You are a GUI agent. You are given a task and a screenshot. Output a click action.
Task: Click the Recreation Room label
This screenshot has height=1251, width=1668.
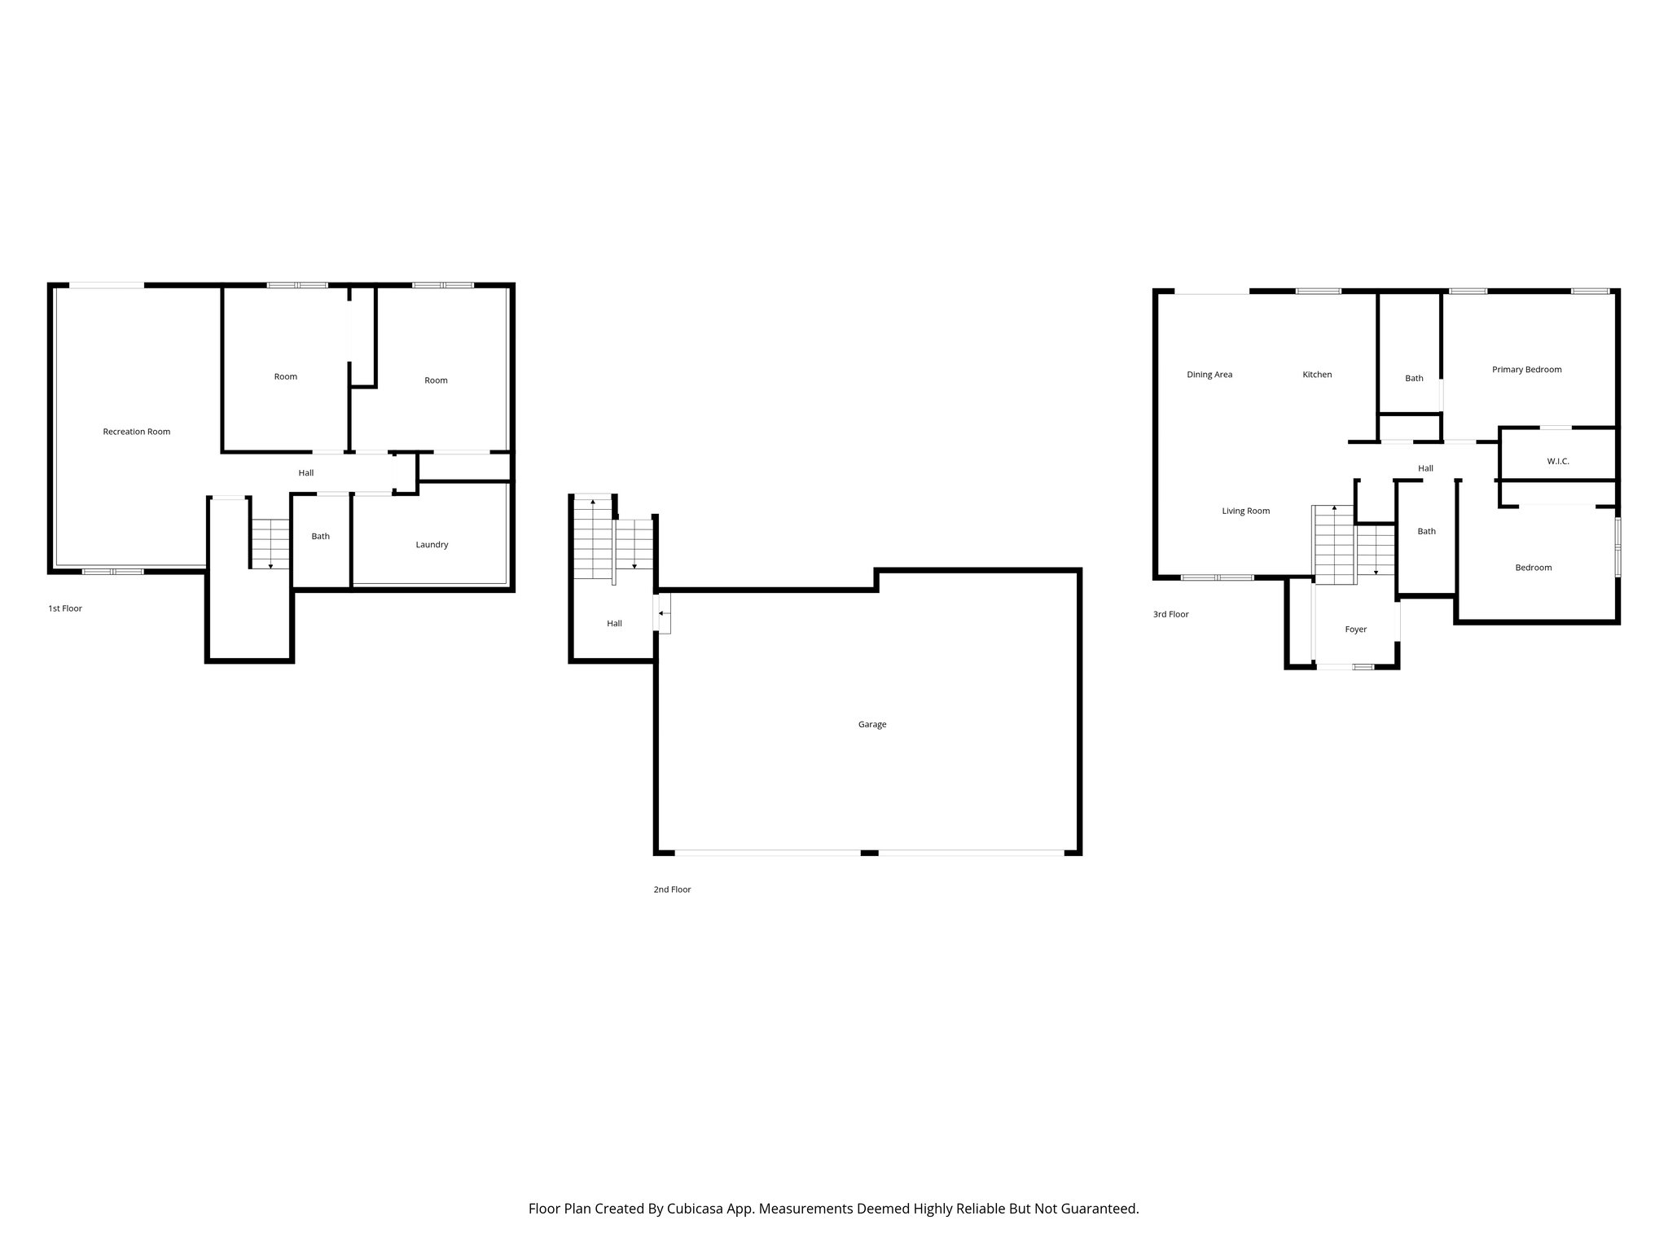(x=136, y=432)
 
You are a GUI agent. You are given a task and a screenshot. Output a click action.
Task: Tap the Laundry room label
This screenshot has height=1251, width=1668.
(x=432, y=545)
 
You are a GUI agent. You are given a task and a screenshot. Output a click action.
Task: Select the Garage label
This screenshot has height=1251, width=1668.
(x=871, y=724)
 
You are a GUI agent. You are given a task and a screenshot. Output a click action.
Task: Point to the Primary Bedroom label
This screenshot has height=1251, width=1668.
(x=1526, y=370)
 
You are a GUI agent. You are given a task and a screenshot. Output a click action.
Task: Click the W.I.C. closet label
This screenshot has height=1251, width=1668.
(x=1557, y=462)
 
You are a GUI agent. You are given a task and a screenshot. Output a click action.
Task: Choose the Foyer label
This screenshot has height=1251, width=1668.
(x=1355, y=630)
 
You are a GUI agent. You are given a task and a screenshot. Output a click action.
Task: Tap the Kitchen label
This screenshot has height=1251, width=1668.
(x=1317, y=375)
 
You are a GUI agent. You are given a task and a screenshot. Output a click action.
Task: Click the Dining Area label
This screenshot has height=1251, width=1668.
(x=1209, y=375)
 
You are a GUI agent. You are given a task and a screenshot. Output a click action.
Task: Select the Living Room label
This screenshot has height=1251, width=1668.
(x=1245, y=511)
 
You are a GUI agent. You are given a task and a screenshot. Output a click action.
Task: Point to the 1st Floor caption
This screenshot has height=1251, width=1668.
(x=65, y=608)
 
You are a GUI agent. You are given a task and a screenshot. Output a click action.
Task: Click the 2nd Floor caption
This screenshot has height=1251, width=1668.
(x=672, y=889)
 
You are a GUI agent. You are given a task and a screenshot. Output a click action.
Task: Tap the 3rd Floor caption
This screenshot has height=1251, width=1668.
(x=1170, y=614)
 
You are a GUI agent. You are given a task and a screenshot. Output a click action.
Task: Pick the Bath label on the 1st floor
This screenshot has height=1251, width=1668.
(x=320, y=537)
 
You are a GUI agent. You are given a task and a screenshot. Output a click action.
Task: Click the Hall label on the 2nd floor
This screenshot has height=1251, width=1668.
(x=614, y=624)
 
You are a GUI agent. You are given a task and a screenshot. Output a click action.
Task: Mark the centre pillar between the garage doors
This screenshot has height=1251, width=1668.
(x=869, y=853)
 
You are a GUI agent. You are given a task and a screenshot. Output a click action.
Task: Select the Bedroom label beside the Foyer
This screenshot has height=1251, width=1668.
(x=1533, y=568)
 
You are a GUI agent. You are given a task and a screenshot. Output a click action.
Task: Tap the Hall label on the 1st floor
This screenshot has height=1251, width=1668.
(x=305, y=473)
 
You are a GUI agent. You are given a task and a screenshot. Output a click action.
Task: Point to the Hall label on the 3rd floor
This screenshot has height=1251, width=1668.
(x=1425, y=468)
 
